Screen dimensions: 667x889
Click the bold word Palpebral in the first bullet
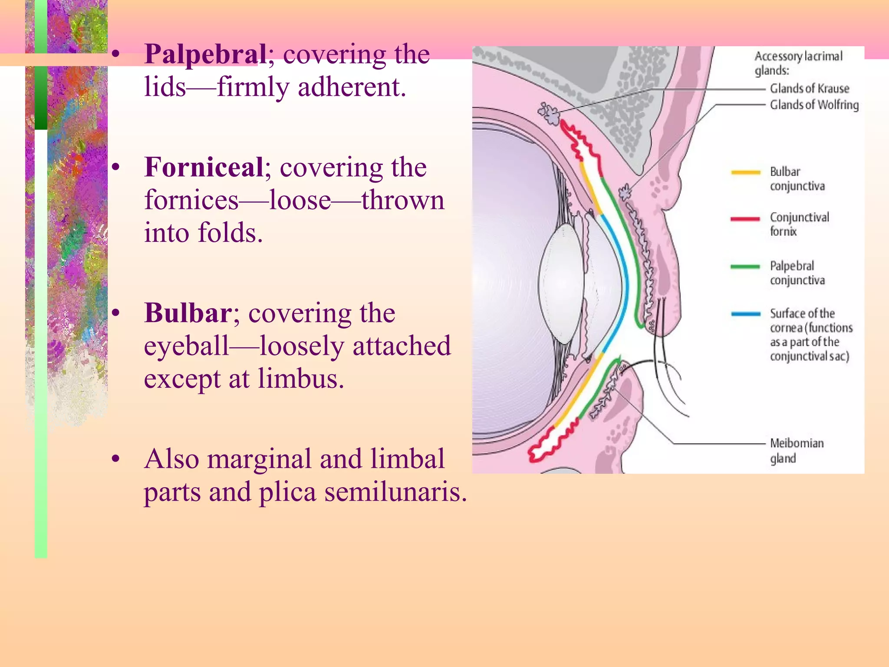(205, 55)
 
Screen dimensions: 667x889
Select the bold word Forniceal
(204, 168)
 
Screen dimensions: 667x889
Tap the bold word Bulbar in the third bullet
(188, 313)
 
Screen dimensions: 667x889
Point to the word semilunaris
(395, 492)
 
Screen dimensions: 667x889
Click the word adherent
(352, 87)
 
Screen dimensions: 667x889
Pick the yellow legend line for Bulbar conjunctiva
(745, 172)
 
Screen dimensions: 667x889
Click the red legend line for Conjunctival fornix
(745, 219)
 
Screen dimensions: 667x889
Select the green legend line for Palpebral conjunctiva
(745, 267)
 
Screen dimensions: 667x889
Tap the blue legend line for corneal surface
(745, 314)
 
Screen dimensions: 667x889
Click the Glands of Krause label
(809, 89)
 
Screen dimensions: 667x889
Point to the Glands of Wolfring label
(814, 105)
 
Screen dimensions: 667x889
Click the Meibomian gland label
(797, 450)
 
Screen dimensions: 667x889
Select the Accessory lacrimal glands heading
(798, 63)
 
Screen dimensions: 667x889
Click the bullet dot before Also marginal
(115, 459)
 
